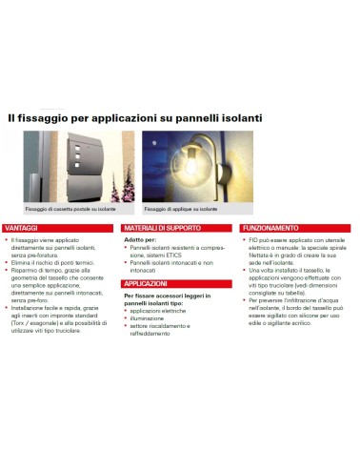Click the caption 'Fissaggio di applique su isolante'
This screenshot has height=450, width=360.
pos(181,209)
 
